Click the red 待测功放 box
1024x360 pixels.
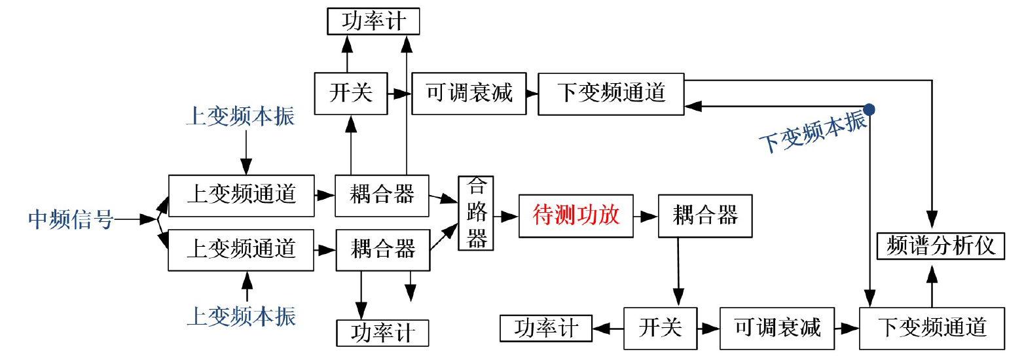pyautogui.click(x=576, y=215)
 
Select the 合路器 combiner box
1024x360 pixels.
pyautogui.click(x=476, y=213)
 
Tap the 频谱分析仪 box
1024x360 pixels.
pyautogui.click(x=940, y=246)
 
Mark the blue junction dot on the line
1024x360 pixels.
pyautogui.click(x=869, y=109)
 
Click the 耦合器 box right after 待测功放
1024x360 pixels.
pyautogui.click(x=704, y=215)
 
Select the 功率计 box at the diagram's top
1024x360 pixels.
pyautogui.click(x=373, y=22)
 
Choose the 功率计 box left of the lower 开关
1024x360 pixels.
pyautogui.click(x=545, y=328)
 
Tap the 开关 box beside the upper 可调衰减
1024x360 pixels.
pyautogui.click(x=351, y=92)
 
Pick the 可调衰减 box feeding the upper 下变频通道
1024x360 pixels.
pyautogui.click(x=469, y=93)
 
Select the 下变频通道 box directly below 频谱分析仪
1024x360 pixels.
pyautogui.click(x=931, y=327)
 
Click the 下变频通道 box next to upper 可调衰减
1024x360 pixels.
pyautogui.click(x=610, y=93)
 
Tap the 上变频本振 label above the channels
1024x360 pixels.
pyautogui.click(x=240, y=117)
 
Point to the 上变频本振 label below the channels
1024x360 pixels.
pyautogui.click(x=241, y=317)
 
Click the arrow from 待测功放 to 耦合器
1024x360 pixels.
pyautogui.click(x=646, y=215)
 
